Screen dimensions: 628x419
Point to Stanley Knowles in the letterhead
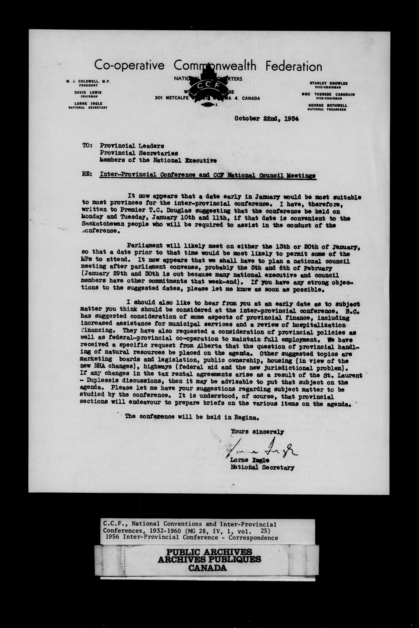click(328, 83)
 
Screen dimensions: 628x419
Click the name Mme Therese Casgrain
click(328, 94)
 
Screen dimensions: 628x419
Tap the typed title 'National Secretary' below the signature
click(262, 467)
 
